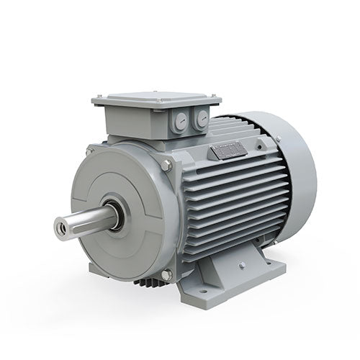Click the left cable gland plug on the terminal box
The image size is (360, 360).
(x=179, y=122)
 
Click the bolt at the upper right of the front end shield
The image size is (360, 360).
(x=167, y=166)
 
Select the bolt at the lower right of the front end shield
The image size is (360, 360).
(x=166, y=274)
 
